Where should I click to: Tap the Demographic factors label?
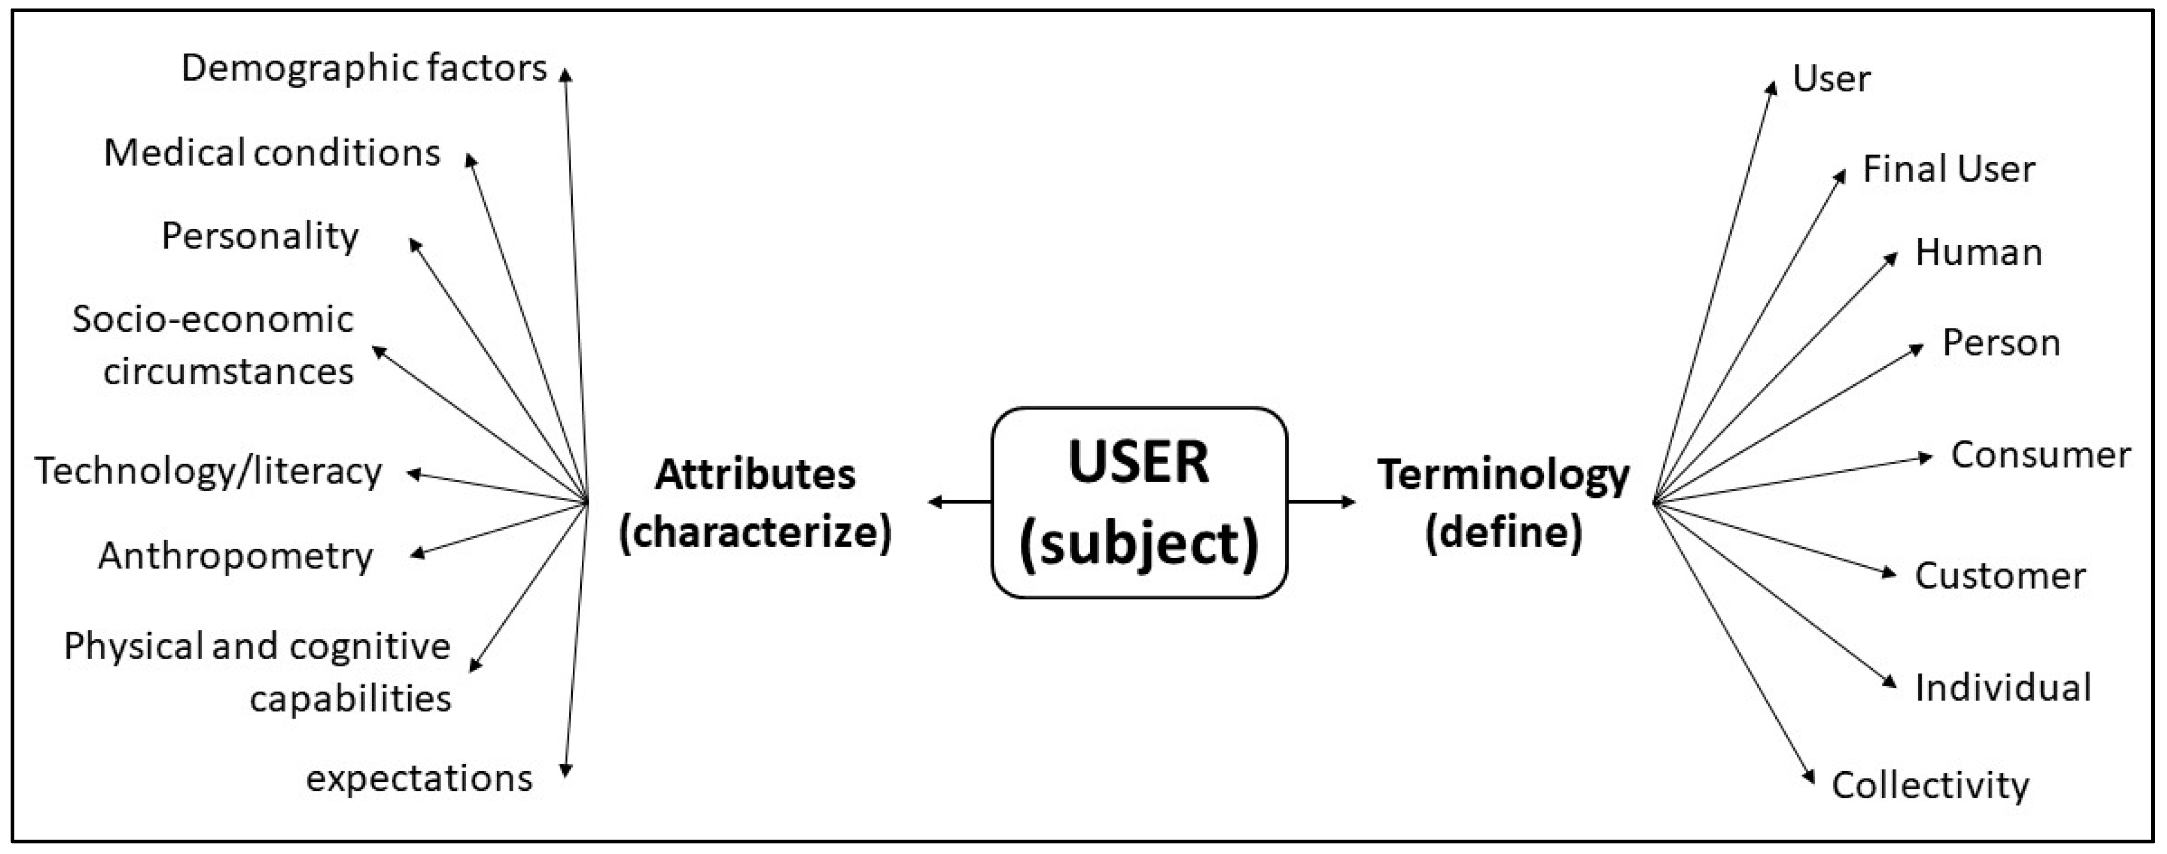364,68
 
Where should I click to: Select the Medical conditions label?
272,153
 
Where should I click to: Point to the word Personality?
260,236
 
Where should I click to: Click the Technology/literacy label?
208,471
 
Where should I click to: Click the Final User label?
1948,169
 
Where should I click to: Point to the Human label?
1979,253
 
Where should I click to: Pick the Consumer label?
2041,455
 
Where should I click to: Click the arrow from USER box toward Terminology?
1321,502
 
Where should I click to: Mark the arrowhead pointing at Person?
1917,348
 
